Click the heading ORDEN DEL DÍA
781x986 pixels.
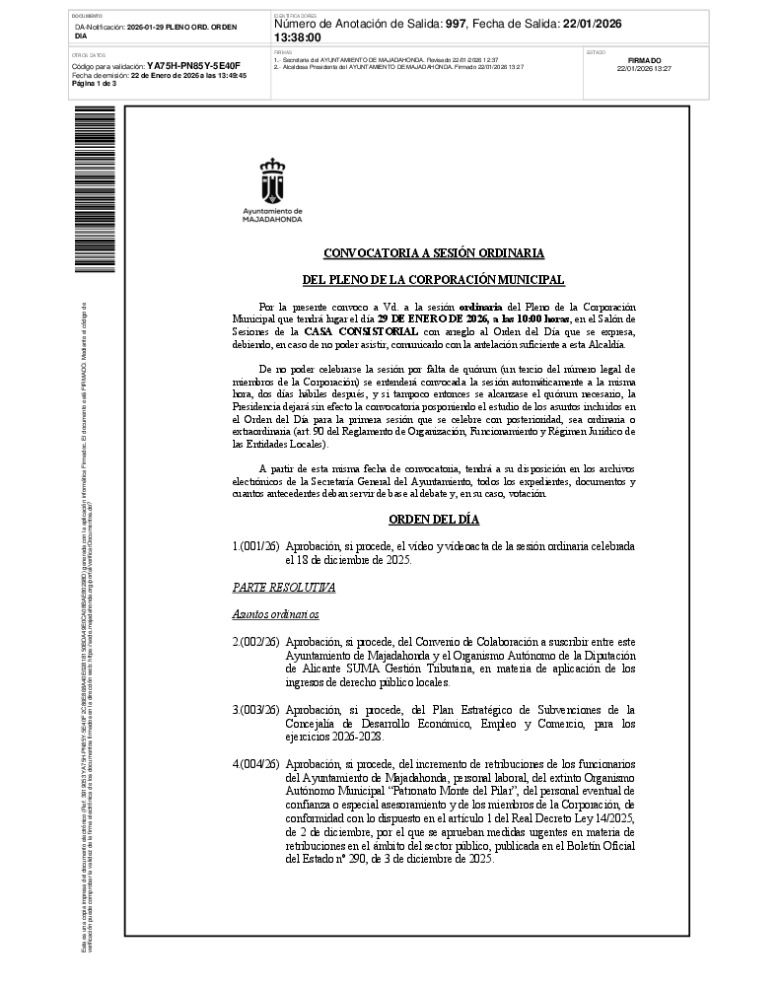click(433, 520)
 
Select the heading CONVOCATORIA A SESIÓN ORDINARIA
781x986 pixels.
click(433, 253)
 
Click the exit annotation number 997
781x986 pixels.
click(455, 24)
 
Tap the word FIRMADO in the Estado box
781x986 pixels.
click(644, 60)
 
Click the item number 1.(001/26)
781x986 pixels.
click(255, 546)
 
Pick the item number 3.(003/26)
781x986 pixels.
click(255, 710)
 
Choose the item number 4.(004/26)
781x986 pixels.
click(255, 764)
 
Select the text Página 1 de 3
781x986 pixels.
click(94, 84)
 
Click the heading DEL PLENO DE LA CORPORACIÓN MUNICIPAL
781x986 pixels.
click(433, 280)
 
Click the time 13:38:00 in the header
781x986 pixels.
click(297, 37)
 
